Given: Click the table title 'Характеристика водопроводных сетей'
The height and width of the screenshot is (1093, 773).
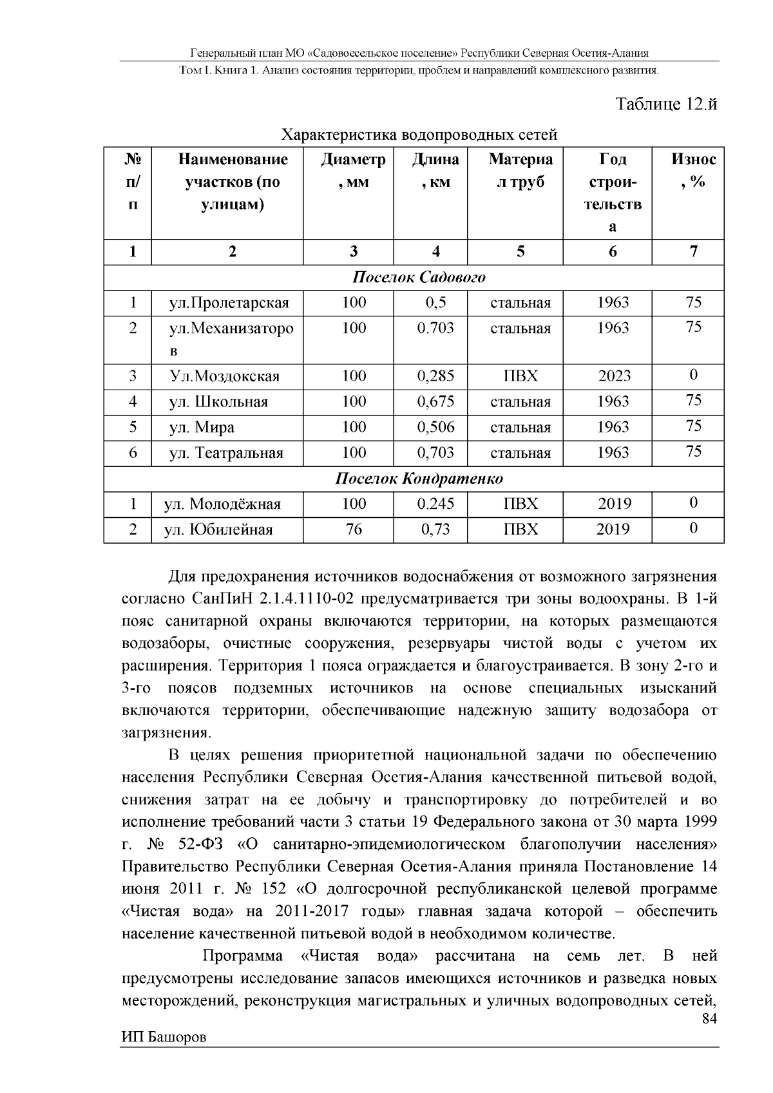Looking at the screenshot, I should coord(419,135).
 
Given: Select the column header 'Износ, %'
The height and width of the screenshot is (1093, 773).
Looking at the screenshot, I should coord(693,171).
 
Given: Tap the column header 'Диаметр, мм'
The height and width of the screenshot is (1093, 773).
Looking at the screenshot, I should coord(354,171).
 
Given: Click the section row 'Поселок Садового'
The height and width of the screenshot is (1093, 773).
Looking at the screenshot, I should coord(419,278).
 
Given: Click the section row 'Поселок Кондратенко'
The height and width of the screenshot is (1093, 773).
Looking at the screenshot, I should coord(419,479).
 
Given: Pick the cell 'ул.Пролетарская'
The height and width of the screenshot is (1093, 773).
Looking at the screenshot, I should coord(229,303).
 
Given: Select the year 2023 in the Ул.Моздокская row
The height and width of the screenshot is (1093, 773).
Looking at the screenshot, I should coord(613,376).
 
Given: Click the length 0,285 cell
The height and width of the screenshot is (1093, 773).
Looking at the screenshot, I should coord(435,376).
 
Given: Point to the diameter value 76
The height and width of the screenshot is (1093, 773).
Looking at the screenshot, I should coord(354,529).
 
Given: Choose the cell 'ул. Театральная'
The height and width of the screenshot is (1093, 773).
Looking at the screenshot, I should coord(225,453).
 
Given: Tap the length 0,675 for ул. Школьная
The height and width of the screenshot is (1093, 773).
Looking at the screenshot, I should coord(435,402).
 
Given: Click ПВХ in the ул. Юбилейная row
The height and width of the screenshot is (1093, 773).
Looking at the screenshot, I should coord(520,529).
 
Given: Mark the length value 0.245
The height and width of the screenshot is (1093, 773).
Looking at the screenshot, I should coord(435,504).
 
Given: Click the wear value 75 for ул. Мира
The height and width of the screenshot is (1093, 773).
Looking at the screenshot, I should coord(693,426).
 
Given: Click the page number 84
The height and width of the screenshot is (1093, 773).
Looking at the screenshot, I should coord(709,1019).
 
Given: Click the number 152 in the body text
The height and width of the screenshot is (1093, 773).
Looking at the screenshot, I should coord(274,889).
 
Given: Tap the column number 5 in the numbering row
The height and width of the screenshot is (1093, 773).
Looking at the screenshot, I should coord(520,252).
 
